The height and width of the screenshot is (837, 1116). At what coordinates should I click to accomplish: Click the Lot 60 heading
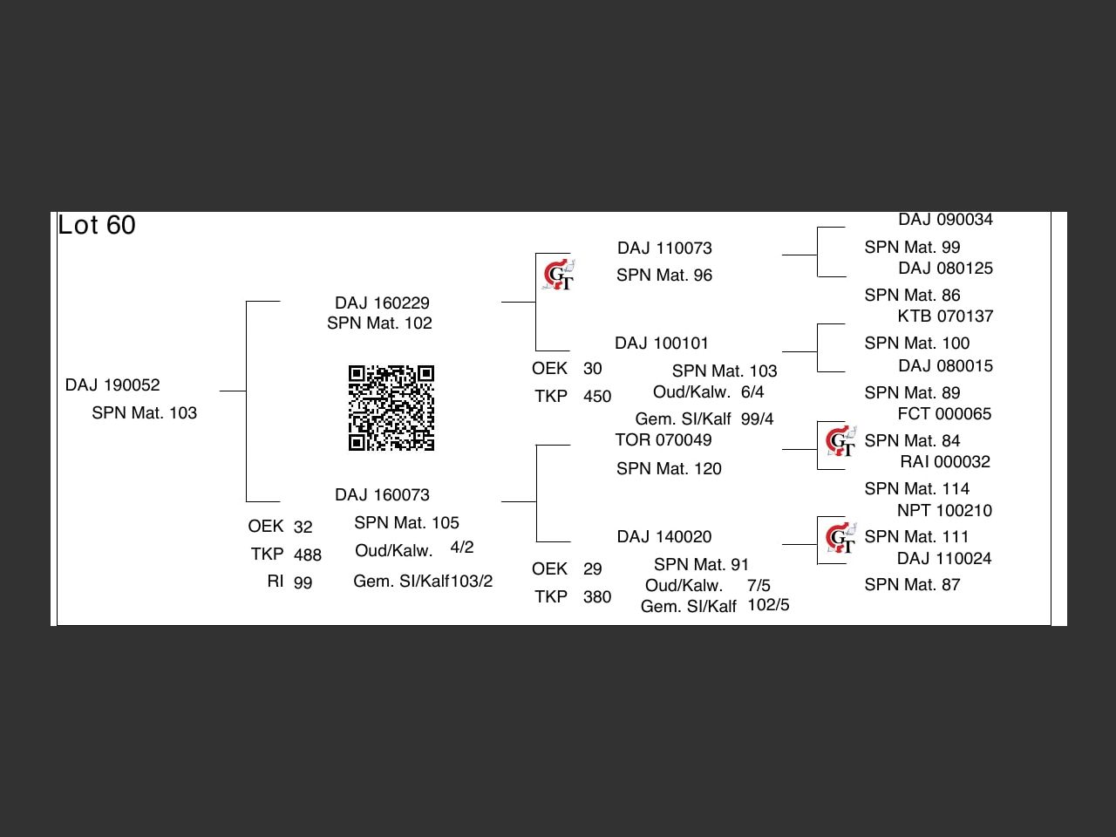(97, 226)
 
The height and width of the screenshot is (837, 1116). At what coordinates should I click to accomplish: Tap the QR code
(391, 408)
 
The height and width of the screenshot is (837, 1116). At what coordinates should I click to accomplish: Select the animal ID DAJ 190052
(112, 385)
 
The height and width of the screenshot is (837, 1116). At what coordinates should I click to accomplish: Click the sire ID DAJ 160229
(382, 303)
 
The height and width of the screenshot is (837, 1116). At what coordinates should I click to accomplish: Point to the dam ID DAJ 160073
(382, 495)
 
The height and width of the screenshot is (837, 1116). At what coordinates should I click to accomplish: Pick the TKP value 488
(307, 555)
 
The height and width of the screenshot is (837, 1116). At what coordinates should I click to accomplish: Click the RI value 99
(303, 583)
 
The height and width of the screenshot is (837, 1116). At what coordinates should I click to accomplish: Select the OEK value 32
(303, 527)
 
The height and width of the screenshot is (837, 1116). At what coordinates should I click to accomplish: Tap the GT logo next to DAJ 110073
(558, 276)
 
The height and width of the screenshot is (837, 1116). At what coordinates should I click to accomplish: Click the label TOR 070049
(663, 440)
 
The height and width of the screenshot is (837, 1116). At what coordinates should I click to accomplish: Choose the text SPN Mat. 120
(669, 469)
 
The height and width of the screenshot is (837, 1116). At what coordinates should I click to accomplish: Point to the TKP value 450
(596, 397)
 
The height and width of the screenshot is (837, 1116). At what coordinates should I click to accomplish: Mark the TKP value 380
(596, 597)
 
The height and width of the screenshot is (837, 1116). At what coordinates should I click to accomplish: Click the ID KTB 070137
(945, 316)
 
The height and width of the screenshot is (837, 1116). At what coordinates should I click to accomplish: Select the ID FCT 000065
(944, 414)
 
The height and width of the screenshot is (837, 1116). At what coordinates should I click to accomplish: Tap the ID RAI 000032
(945, 462)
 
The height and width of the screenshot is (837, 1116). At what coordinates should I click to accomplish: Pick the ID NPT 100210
(944, 511)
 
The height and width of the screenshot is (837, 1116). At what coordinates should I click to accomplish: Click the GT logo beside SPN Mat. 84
(840, 442)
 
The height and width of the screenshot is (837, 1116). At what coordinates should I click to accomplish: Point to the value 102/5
(768, 605)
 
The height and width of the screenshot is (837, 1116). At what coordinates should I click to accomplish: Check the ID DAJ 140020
(664, 537)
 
